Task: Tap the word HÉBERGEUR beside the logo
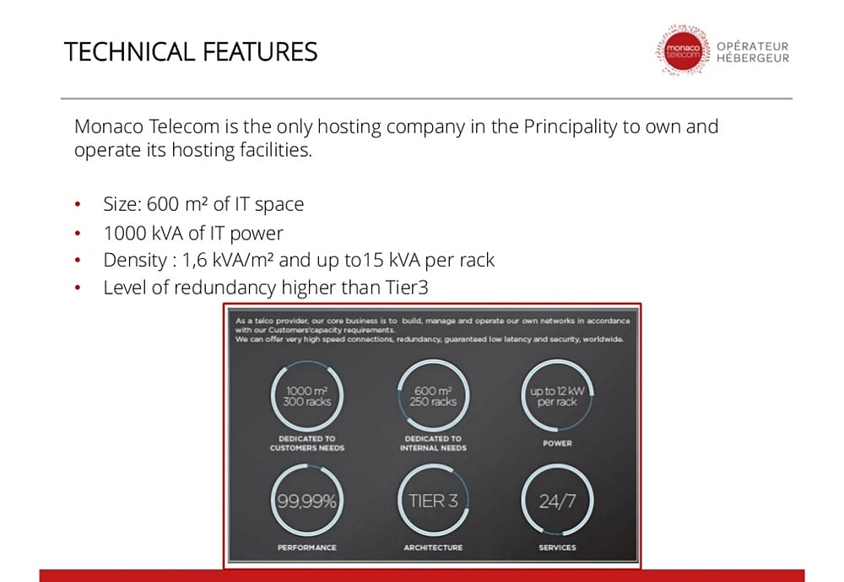(753, 58)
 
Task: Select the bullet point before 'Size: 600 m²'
(78, 205)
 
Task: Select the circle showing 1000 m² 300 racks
(306, 396)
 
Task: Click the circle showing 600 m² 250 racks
(433, 396)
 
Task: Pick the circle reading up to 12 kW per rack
(557, 396)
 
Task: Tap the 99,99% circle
(306, 501)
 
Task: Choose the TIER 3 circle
(433, 501)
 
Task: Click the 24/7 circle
(557, 501)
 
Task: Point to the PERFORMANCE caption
(306, 547)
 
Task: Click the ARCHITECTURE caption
(433, 547)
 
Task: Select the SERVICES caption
(557, 547)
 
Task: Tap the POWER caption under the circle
(557, 443)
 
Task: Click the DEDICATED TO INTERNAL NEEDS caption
(433, 443)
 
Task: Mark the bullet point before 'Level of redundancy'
(78, 288)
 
